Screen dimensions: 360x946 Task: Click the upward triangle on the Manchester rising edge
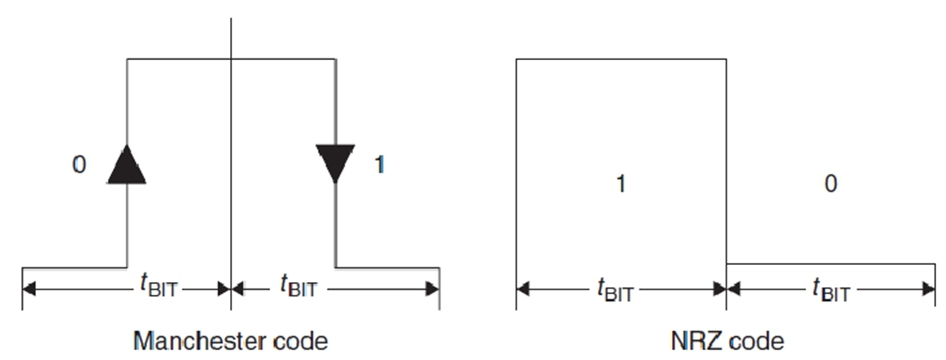[x=127, y=165]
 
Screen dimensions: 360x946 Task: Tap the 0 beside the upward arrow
[x=78, y=165]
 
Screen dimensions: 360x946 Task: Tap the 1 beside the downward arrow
[x=379, y=165]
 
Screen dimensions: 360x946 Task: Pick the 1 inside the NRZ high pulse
[x=620, y=184]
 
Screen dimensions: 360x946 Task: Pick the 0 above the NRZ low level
[x=830, y=184]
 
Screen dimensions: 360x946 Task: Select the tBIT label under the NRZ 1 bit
[x=615, y=291]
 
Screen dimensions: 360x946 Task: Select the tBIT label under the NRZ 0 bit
[x=831, y=291]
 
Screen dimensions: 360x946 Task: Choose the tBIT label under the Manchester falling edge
[x=298, y=286]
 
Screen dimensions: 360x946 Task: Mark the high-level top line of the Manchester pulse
[x=179, y=60]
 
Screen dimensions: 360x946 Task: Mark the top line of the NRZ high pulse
[x=620, y=60]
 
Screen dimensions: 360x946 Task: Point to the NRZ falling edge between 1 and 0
[x=726, y=160]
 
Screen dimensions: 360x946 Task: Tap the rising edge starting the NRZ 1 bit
[x=516, y=160]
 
